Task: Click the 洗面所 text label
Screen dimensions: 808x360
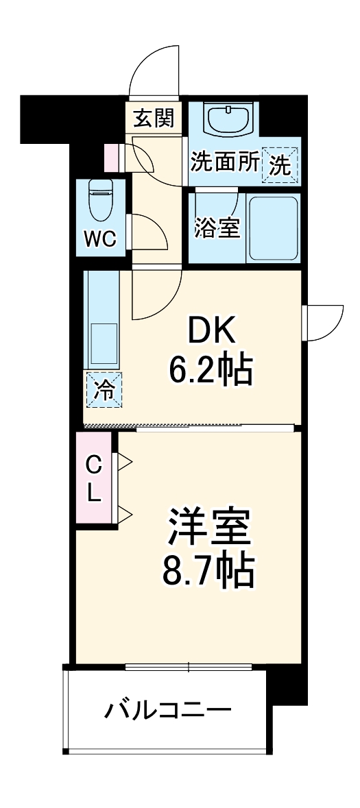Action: coord(224,162)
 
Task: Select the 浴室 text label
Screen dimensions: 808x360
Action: coord(217,228)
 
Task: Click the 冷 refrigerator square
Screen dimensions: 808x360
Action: coord(104,390)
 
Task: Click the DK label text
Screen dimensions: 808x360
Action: coord(212,332)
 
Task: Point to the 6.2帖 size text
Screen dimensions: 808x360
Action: coord(212,370)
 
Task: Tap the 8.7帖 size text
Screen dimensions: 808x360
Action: coord(208,570)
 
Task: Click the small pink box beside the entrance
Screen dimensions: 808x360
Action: coord(111,156)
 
